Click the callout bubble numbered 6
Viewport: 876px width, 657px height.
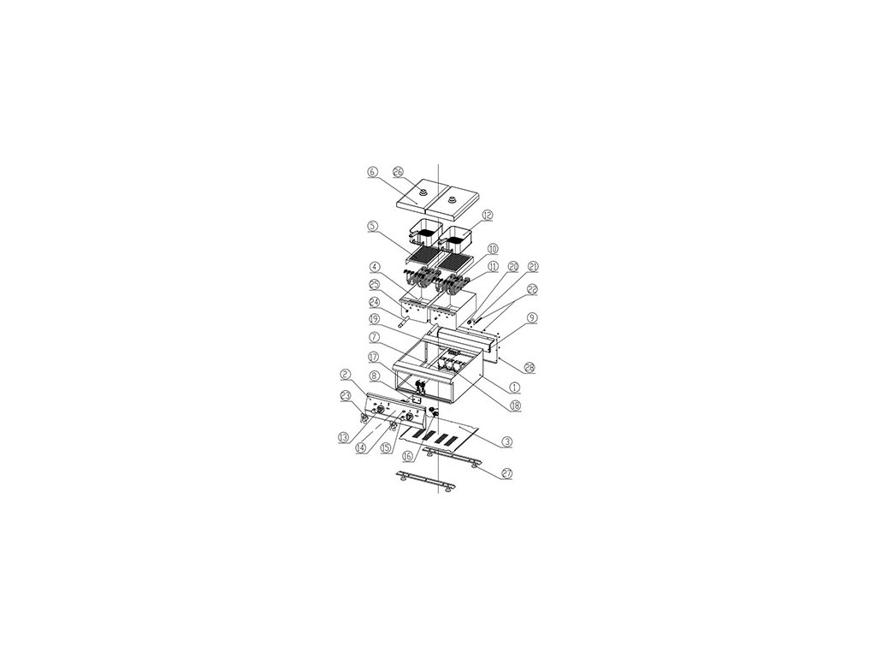click(371, 171)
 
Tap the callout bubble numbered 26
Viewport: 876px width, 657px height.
click(398, 171)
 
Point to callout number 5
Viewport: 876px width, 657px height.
click(373, 227)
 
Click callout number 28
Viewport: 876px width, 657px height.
click(530, 366)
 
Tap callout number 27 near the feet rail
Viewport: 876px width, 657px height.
click(507, 472)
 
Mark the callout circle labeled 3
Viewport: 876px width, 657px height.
click(507, 441)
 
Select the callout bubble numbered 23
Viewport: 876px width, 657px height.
click(346, 394)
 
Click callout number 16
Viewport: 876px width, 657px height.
click(407, 458)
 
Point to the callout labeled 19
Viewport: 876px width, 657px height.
click(375, 320)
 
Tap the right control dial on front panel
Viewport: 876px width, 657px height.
click(409, 417)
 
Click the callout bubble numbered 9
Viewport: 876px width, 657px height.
click(533, 318)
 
